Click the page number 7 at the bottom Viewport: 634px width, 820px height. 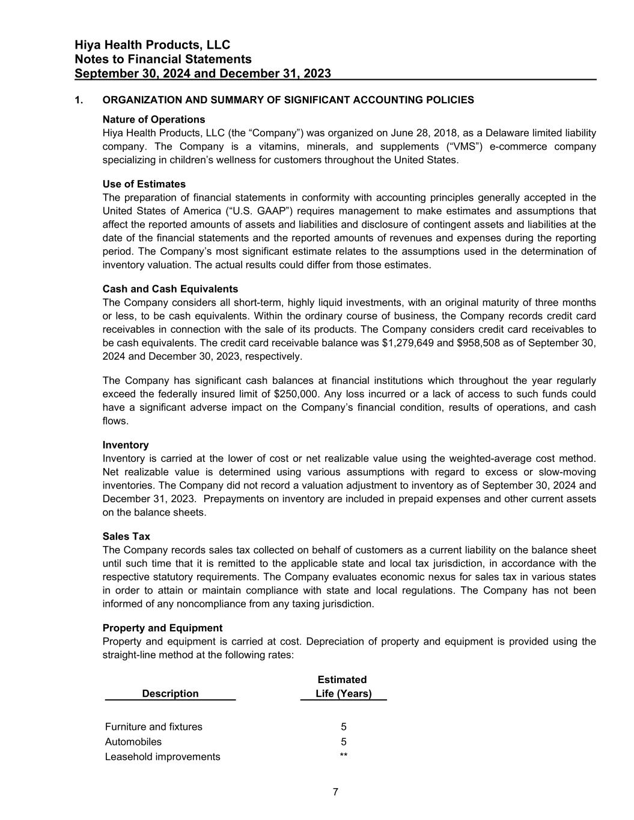coord(335,792)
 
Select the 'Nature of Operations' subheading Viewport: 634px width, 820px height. coord(154,120)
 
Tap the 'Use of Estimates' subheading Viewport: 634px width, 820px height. coord(144,184)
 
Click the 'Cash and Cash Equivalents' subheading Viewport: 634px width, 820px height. coord(170,289)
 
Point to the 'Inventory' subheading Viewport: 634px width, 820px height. coord(126,445)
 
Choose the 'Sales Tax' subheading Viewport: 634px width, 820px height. coord(126,536)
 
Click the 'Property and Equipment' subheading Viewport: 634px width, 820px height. coord(162,628)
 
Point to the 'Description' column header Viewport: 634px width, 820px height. coord(170,694)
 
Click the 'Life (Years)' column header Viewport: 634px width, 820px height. coord(343,694)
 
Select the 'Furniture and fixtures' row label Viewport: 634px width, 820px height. coord(154,727)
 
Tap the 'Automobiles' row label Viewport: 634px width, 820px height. coord(133,742)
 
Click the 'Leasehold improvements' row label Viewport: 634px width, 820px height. coord(163,757)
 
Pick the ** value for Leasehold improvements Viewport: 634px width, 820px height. coord(343,756)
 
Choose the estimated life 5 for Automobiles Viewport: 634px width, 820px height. coord(343,742)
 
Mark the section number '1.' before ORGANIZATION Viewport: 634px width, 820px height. coord(79,100)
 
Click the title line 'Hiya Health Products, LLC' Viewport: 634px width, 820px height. coord(153,45)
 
